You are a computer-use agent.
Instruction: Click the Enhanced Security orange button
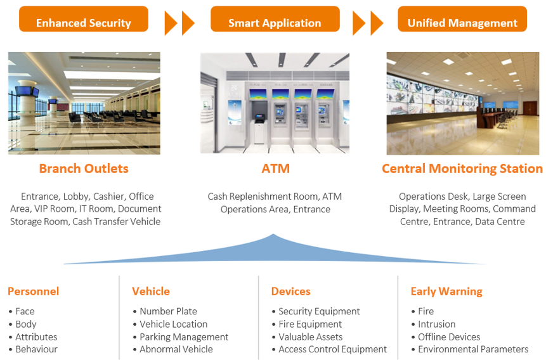[x=84, y=19]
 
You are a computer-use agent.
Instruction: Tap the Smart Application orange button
[x=275, y=19]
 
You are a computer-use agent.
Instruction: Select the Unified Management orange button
[x=462, y=19]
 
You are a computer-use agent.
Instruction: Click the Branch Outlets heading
[x=84, y=169]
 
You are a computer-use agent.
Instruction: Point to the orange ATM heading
[x=275, y=169]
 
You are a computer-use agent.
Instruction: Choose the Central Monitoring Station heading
[x=462, y=169]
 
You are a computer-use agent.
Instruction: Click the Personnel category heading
[x=34, y=291]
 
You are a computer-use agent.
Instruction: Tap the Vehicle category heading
[x=151, y=291]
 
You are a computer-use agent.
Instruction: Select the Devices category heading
[x=291, y=291]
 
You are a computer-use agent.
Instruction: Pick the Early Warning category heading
[x=446, y=292]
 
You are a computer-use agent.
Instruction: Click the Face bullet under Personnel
[x=25, y=311]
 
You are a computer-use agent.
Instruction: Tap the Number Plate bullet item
[x=168, y=311]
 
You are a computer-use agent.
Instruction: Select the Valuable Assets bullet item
[x=311, y=337]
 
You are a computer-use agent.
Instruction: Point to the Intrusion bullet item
[x=437, y=324]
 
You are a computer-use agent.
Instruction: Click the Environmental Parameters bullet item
[x=473, y=349]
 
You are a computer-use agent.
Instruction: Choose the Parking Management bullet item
[x=184, y=337]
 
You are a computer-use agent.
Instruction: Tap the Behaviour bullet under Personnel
[x=37, y=349]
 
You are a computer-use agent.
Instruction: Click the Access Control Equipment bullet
[x=332, y=349]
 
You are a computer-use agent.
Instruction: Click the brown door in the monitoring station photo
[x=530, y=108]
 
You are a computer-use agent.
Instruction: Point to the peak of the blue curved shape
[x=273, y=235]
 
